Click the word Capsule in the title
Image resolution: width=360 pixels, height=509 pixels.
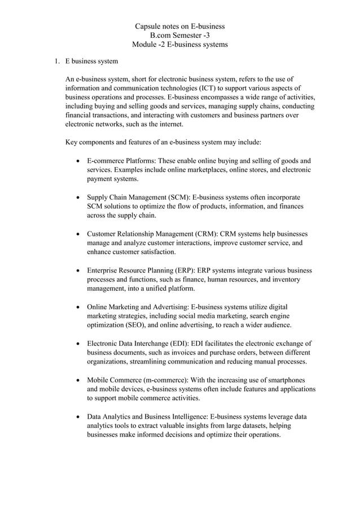point(148,26)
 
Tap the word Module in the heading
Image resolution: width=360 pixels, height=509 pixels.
point(144,44)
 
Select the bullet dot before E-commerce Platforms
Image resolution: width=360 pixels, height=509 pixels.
point(77,161)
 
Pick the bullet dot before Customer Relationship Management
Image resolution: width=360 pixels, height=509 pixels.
point(77,234)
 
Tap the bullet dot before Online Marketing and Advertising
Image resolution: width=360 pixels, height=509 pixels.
point(77,307)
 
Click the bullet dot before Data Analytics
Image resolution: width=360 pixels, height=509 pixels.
point(77,416)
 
